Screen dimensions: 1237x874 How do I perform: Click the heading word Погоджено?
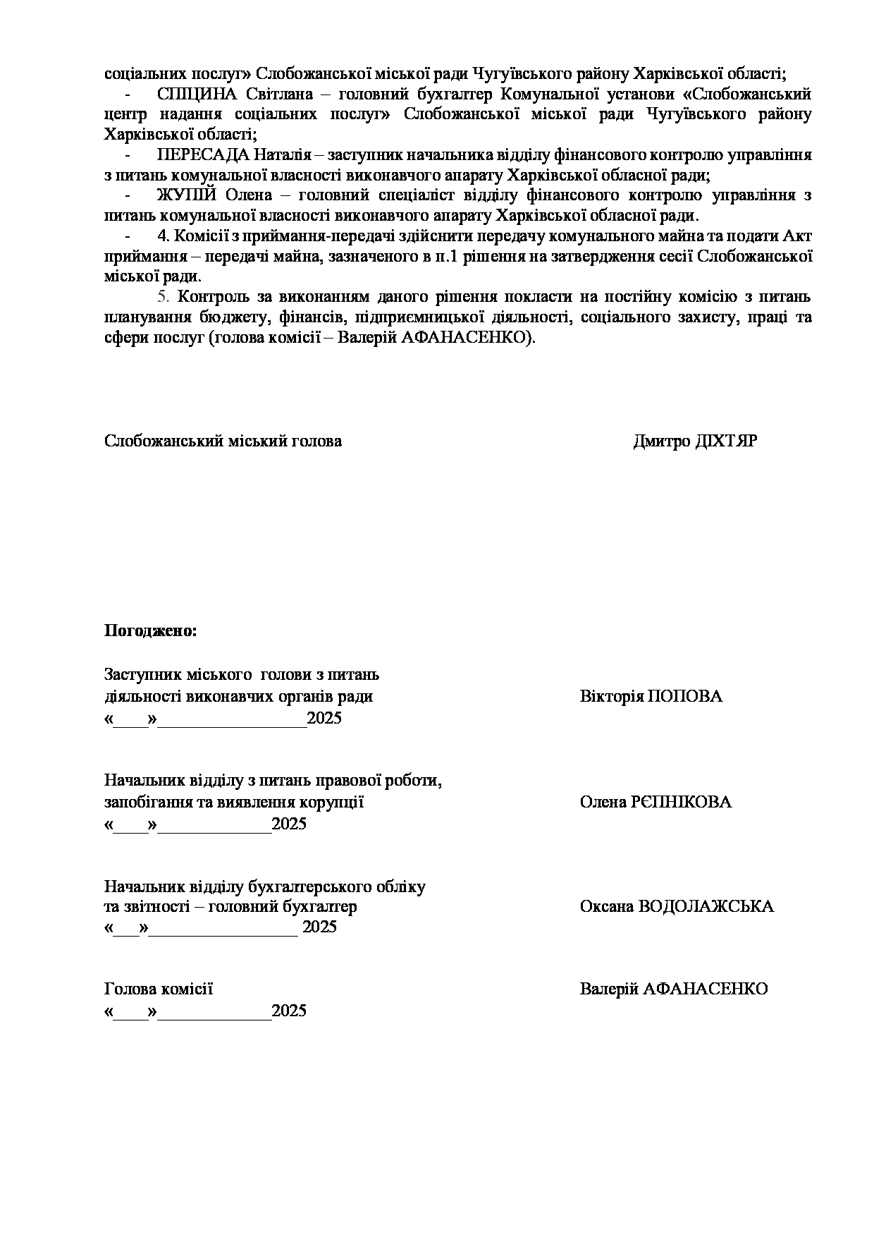[150, 630]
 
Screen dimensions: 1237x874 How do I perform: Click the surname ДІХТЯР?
[726, 441]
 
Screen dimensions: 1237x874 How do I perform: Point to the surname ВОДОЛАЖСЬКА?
[706, 906]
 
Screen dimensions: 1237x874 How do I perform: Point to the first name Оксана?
[606, 906]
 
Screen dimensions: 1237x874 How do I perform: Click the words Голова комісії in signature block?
[159, 989]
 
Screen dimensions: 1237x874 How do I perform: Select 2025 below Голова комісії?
[289, 1011]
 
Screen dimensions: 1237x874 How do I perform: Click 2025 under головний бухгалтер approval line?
[319, 927]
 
